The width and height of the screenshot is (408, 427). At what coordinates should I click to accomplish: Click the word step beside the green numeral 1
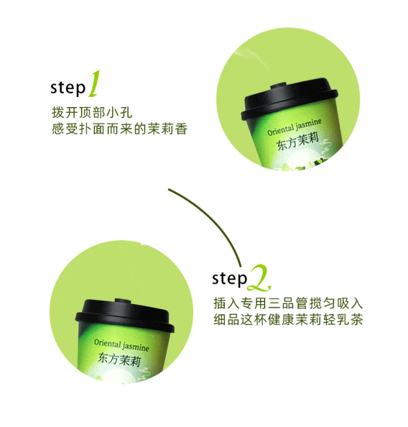(x=68, y=88)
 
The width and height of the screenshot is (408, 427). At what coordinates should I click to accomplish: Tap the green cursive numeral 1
(x=94, y=83)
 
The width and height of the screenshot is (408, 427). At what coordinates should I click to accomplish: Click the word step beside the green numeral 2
(x=229, y=279)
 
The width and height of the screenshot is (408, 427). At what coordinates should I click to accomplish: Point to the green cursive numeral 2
(x=259, y=278)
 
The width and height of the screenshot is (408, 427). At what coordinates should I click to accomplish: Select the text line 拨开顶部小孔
(x=92, y=112)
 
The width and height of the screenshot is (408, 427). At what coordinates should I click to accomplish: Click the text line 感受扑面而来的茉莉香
(x=120, y=129)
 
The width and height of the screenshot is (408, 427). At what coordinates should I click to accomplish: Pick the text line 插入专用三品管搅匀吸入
(x=288, y=303)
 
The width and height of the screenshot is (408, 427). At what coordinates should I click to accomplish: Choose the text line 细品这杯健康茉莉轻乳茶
(x=288, y=319)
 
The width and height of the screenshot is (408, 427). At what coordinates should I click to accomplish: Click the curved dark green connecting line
(x=215, y=218)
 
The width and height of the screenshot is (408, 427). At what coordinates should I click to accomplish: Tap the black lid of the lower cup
(x=125, y=315)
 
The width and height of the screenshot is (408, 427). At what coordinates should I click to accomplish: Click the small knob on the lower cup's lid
(x=123, y=301)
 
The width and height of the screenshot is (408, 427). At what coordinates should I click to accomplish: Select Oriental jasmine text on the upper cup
(x=294, y=127)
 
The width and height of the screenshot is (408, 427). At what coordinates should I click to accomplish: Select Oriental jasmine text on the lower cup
(x=122, y=345)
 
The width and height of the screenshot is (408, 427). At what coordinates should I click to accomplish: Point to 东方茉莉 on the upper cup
(x=298, y=141)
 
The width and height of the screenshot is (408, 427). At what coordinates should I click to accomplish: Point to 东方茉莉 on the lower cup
(x=119, y=359)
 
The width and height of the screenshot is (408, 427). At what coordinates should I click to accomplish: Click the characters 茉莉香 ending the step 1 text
(x=168, y=129)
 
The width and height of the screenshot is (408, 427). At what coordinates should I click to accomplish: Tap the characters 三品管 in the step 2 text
(x=288, y=303)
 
